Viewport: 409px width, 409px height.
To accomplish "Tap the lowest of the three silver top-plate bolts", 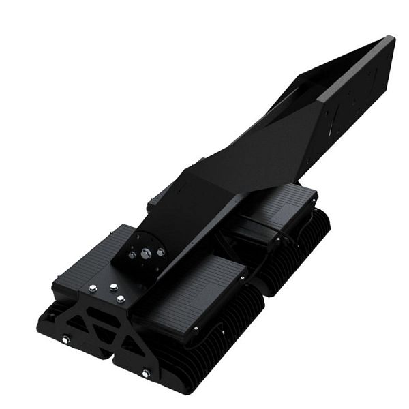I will point(120,298).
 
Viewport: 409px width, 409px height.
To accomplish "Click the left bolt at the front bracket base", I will point(65,339).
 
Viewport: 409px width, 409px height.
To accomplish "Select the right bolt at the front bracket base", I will point(146,373).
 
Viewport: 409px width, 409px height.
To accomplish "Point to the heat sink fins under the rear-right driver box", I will point(300,259).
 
